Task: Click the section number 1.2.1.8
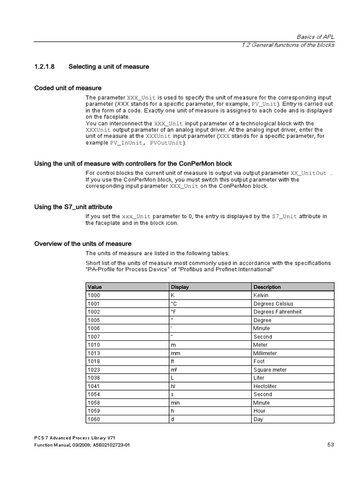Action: (x=45, y=67)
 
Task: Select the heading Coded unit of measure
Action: (x=68, y=88)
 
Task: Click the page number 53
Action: (x=330, y=445)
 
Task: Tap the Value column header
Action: (x=95, y=287)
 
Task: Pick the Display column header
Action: (x=180, y=287)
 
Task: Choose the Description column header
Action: (x=267, y=287)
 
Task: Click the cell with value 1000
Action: (x=94, y=295)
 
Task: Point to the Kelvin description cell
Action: (x=261, y=295)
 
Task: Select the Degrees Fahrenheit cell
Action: (x=277, y=312)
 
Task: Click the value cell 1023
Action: (x=94, y=370)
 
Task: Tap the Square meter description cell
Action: (x=270, y=370)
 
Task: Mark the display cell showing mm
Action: (x=175, y=353)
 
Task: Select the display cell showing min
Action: (x=175, y=403)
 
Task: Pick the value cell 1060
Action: (x=94, y=419)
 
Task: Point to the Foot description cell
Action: (x=259, y=361)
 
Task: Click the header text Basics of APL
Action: (x=315, y=37)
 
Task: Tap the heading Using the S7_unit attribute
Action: (x=73, y=207)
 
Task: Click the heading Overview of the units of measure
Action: (x=83, y=244)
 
